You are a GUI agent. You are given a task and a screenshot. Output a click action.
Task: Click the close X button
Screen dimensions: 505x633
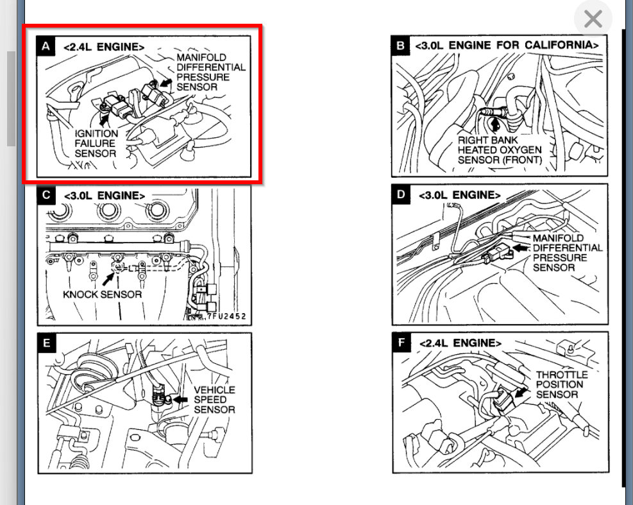[x=593, y=19]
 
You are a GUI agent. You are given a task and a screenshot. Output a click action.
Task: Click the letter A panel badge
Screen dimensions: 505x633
[x=46, y=46]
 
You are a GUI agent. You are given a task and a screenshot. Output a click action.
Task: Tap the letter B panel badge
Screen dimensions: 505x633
[x=401, y=46]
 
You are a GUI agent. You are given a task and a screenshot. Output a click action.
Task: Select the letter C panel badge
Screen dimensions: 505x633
[x=46, y=195]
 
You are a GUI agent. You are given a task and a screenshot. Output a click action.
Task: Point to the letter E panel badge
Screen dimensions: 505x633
[x=46, y=343]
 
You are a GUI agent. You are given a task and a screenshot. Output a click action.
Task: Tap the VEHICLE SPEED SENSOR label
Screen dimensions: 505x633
[x=214, y=399]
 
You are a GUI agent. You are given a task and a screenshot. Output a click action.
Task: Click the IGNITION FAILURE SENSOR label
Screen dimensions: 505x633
[x=95, y=143]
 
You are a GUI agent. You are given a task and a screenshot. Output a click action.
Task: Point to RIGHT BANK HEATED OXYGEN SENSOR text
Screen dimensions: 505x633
[x=499, y=149]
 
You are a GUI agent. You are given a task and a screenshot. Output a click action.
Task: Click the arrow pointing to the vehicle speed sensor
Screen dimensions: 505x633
[x=181, y=399]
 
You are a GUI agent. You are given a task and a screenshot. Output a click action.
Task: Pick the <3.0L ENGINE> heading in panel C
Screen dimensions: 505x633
[x=105, y=195]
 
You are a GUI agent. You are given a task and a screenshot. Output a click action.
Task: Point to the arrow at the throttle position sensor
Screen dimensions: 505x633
[x=521, y=390]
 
